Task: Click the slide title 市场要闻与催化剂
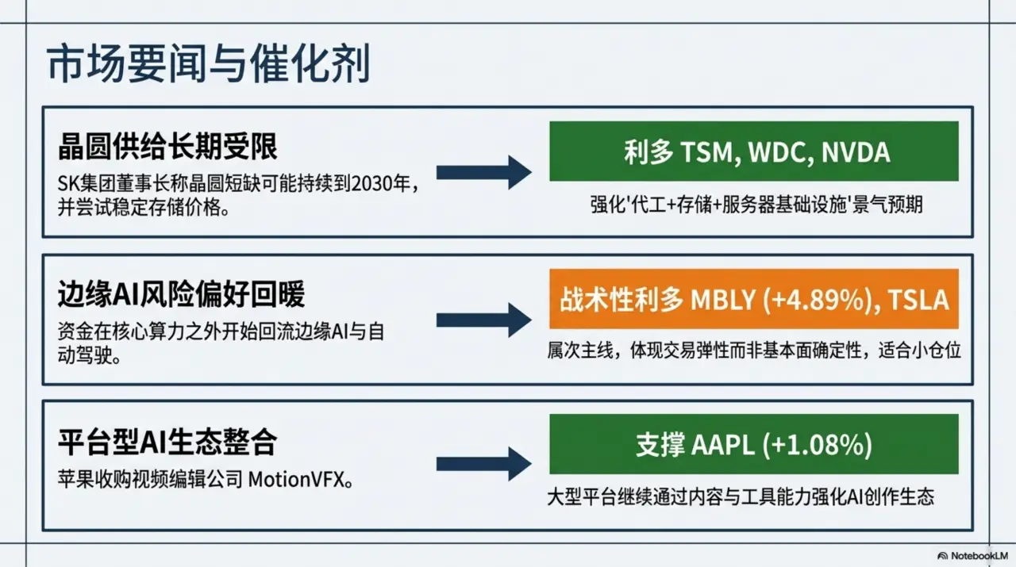[208, 65]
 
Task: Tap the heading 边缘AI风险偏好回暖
[181, 295]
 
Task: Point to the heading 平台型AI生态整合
[167, 442]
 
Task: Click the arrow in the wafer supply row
[483, 172]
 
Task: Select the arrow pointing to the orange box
[483, 320]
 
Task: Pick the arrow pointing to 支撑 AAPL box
[483, 463]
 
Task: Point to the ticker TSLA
[918, 300]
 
